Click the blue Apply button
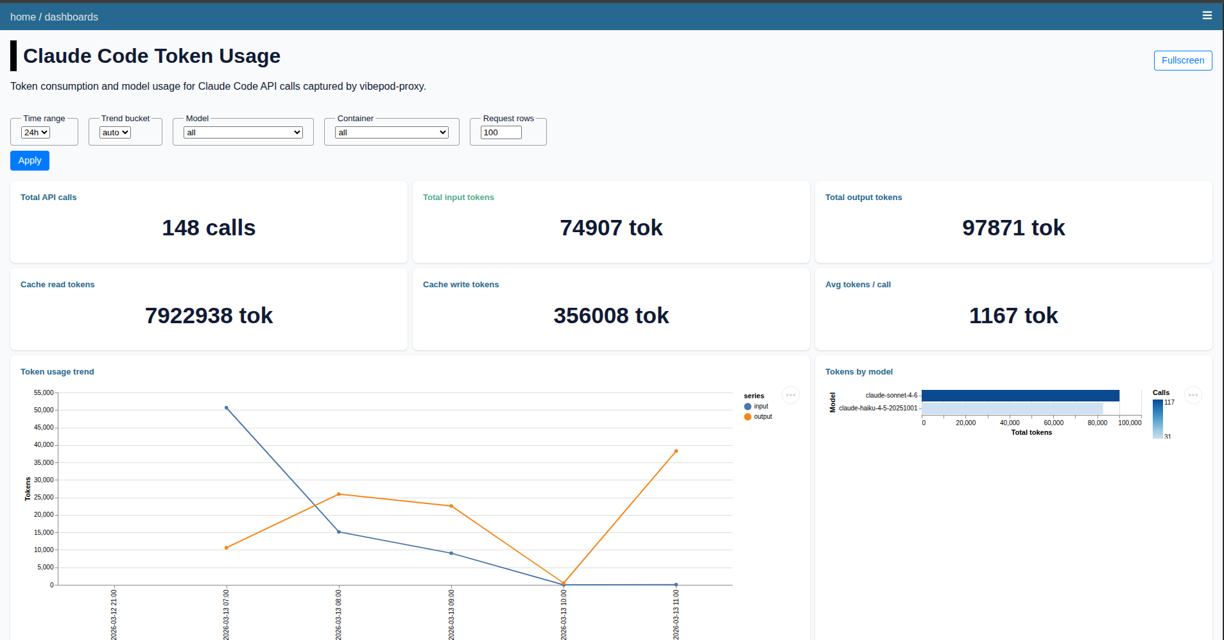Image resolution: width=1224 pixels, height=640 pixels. click(x=30, y=160)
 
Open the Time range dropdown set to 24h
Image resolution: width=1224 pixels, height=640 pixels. click(x=35, y=132)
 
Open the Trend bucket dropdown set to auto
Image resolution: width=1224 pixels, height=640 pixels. click(x=115, y=132)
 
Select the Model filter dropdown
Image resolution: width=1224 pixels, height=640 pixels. click(x=243, y=132)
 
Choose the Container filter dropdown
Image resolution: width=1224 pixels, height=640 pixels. click(x=392, y=132)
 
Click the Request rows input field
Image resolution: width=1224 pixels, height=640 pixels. click(x=501, y=132)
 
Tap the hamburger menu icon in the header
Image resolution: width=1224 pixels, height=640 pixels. click(x=1207, y=15)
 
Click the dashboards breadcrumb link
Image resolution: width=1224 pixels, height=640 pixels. click(x=71, y=17)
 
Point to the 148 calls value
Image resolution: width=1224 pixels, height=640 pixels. click(x=209, y=228)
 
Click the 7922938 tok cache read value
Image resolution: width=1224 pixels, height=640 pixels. click(x=209, y=316)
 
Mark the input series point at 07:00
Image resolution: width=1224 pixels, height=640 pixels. click(x=227, y=408)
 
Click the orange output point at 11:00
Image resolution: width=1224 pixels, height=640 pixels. click(x=676, y=451)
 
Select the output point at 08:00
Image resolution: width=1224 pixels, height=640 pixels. click(x=339, y=494)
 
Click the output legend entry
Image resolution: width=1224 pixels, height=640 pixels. click(x=763, y=417)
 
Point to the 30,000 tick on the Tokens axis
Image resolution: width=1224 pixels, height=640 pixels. click(x=44, y=480)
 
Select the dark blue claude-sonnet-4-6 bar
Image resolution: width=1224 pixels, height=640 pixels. click(x=1020, y=396)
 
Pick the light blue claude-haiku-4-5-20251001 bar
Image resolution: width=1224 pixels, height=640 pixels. click(x=1012, y=408)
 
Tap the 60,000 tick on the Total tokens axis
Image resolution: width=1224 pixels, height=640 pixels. click(x=1053, y=423)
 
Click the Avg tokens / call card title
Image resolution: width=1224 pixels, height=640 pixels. click(x=858, y=285)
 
